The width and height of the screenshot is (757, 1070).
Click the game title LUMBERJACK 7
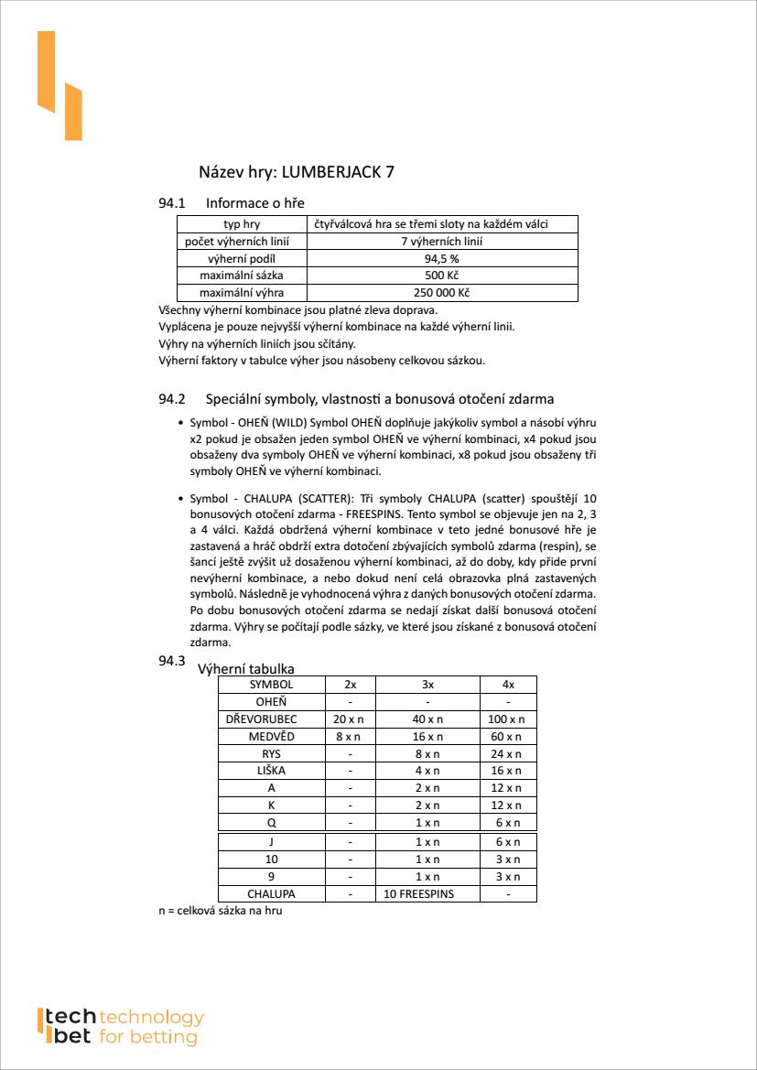point(338,172)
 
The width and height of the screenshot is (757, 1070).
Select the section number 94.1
point(172,202)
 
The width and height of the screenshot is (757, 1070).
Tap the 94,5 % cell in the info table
point(442,259)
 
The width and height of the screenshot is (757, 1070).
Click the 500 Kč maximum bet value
point(442,276)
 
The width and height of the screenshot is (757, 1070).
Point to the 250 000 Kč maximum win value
point(442,293)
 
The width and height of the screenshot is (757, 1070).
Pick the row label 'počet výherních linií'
point(242,242)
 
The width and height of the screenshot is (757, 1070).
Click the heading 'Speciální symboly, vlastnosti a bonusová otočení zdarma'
point(380,399)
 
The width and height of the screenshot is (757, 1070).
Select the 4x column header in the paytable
point(508,685)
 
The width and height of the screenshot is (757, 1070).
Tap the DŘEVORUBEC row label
point(271,719)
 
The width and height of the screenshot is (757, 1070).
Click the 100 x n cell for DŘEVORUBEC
point(508,719)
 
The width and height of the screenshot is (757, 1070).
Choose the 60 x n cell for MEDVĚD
point(508,737)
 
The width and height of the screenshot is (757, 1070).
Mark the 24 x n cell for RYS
point(508,754)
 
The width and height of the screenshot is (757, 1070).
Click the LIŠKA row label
point(271,771)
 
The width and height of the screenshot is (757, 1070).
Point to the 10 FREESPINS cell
point(427,894)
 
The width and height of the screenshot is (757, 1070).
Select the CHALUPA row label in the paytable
point(271,894)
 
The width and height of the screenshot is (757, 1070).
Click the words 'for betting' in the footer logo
point(148,1037)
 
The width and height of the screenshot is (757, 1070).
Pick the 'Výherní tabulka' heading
point(246,669)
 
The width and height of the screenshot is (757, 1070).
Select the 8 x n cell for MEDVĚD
point(350,737)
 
